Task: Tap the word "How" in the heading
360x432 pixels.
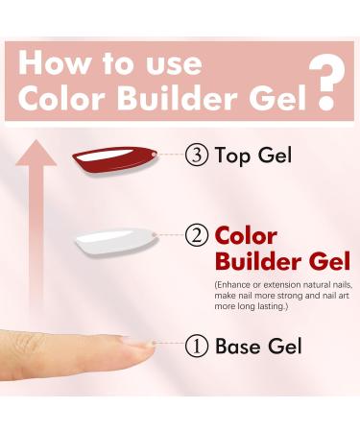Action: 52,63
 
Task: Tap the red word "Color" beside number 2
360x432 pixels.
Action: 246,235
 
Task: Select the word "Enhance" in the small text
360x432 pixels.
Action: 239,285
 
